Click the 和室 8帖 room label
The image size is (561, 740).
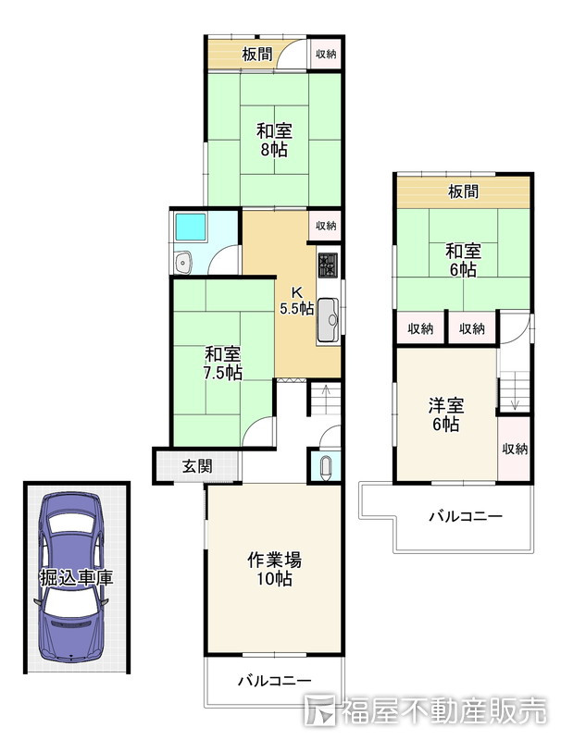coord(274,140)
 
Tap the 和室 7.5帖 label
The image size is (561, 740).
coord(223,364)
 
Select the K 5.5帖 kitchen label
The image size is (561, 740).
coord(296,300)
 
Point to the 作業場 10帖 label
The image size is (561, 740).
coord(274,569)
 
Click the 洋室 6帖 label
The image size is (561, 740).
coord(446,414)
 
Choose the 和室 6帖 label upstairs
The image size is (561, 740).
coord(463,260)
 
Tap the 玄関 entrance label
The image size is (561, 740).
coord(197,466)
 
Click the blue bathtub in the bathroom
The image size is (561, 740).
coord(191,227)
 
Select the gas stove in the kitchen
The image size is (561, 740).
coord(328,265)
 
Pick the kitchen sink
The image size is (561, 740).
coord(328,320)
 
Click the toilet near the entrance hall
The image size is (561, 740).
coord(325,467)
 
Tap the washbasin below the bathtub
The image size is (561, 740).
coord(182,263)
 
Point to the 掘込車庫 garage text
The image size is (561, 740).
coord(76,577)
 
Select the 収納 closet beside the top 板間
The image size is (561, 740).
coord(326,54)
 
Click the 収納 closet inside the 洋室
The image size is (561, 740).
coord(515,449)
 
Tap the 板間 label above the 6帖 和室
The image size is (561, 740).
coord(463,191)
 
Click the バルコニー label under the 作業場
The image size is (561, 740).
coord(274,681)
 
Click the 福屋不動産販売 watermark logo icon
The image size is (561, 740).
coord(320,709)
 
